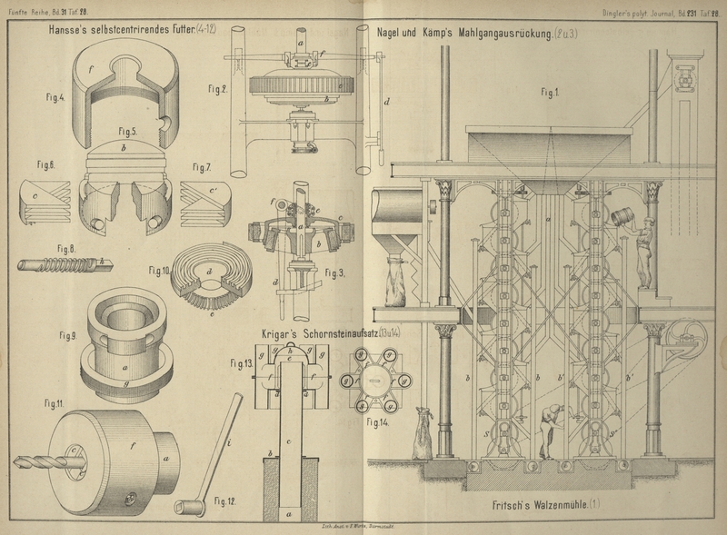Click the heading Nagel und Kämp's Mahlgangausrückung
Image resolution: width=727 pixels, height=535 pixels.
pos(463,32)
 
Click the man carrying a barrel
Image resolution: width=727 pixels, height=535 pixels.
pos(642,245)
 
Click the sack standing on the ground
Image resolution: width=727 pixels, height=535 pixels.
pos(423,435)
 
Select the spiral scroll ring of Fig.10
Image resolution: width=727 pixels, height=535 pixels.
pos(204,272)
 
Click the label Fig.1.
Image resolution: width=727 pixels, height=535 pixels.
pos(550,92)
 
